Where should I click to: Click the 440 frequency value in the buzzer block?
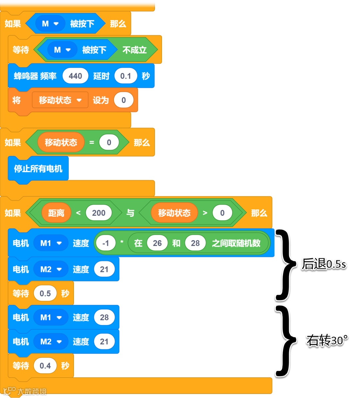click(75, 76)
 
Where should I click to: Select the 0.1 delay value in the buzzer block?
click(125, 76)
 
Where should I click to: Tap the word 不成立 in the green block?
click(134, 50)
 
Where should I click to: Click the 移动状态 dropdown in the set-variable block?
click(60, 100)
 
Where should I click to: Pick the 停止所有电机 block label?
click(38, 168)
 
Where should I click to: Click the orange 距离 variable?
click(56, 213)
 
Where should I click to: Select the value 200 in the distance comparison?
click(99, 213)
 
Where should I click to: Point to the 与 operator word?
click(130, 213)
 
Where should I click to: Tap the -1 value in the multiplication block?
click(106, 243)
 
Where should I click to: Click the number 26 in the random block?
click(157, 243)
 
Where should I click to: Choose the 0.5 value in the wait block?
click(45, 294)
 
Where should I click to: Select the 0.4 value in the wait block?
click(45, 366)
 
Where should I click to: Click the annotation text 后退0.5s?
click(324, 264)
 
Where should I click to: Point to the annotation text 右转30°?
click(327, 341)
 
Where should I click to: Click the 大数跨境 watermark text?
click(32, 391)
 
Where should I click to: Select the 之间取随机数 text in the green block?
click(236, 243)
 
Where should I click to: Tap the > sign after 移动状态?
click(205, 213)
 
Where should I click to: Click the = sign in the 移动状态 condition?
click(92, 142)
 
